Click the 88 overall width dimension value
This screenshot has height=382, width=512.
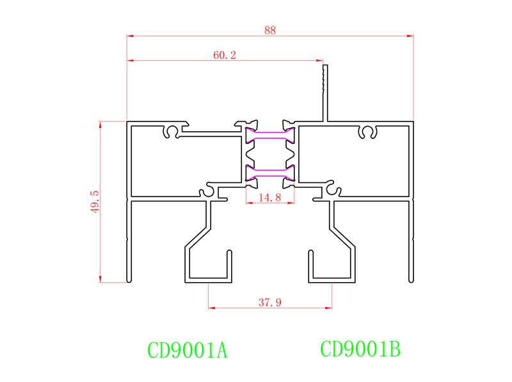pyautogui.click(x=269, y=30)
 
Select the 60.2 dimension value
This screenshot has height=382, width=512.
pyautogui.click(x=225, y=56)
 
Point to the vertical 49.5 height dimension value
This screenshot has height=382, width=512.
pyautogui.click(x=95, y=201)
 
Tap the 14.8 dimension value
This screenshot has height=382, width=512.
pyautogui.click(x=269, y=198)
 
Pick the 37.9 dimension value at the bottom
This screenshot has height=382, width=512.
pyautogui.click(x=269, y=302)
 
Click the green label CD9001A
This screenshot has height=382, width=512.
pyautogui.click(x=188, y=351)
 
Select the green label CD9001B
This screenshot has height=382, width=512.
pyautogui.click(x=360, y=349)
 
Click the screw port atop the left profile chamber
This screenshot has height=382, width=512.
pyautogui.click(x=172, y=132)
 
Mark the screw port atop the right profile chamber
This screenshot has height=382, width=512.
pyautogui.click(x=367, y=132)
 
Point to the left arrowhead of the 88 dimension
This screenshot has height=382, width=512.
pyautogui.click(x=129, y=36)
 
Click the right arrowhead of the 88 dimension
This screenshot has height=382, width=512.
pyautogui.click(x=411, y=36)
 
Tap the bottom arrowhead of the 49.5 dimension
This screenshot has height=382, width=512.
pyautogui.click(x=100, y=278)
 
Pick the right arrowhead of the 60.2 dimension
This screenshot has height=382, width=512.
pyautogui.click(x=320, y=61)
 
